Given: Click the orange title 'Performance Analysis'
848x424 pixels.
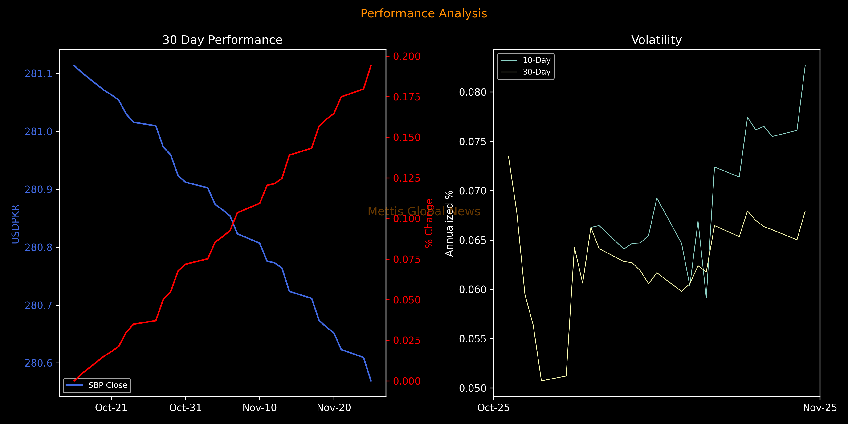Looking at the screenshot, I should tap(424, 13).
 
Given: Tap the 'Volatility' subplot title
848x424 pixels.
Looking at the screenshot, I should tap(656, 40).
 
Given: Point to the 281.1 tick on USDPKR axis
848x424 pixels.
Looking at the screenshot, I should tap(39, 73).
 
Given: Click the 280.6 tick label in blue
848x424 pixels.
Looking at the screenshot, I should tap(39, 363).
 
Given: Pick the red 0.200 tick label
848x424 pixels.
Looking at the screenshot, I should tap(407, 56).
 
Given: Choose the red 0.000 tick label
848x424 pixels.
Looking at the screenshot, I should tap(407, 381).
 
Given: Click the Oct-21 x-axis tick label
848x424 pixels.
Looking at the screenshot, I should tap(111, 408).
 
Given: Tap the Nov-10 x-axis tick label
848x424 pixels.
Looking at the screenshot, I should tap(260, 408).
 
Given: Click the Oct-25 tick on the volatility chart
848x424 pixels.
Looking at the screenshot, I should tap(493, 408).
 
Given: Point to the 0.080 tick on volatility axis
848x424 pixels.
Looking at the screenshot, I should tap(473, 92).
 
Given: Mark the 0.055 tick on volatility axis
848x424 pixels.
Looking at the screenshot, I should tap(473, 339).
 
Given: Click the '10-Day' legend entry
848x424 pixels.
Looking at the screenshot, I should tap(536, 60).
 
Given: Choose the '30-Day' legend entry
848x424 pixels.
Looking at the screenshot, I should tap(536, 72).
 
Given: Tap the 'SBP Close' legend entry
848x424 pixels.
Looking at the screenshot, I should tap(107, 385).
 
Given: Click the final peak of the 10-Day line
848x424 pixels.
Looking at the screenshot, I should tap(805, 65).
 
